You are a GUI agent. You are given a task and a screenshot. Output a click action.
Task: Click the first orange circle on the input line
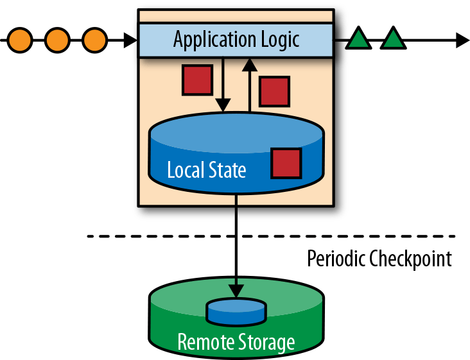[x=21, y=40]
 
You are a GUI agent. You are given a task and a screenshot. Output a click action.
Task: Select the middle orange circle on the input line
[x=58, y=40]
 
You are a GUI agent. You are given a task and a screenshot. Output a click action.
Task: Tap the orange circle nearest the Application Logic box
[x=95, y=40]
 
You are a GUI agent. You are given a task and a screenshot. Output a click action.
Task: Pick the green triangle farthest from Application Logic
[x=394, y=40]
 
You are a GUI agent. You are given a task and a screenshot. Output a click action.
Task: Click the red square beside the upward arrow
[x=274, y=91]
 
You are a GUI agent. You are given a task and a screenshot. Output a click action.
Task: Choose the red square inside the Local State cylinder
[x=286, y=163]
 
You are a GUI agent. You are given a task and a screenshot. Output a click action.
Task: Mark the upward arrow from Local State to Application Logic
[x=250, y=83]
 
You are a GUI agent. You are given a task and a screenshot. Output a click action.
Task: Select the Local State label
[x=206, y=170]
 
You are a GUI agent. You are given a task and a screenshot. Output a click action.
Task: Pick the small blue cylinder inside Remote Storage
[x=236, y=311]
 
